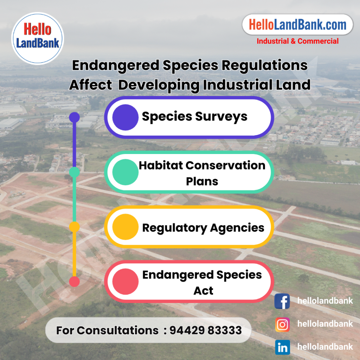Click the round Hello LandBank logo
[37, 38]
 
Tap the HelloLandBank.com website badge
[297, 25]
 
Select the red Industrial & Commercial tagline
[297, 41]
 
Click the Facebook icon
[282, 301]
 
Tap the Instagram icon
[282, 324]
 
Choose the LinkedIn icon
[282, 347]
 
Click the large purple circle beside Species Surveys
[126, 117]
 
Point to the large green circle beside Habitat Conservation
[126, 172]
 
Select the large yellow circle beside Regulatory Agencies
[126, 227]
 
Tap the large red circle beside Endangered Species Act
[126, 282]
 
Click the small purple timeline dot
[75, 117]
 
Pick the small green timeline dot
[75, 172]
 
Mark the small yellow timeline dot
[75, 227]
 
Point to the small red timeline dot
[75, 282]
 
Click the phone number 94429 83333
[205, 330]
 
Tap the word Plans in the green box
[202, 181]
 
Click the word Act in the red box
[204, 291]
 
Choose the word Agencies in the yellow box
[237, 228]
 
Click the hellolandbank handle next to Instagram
[325, 324]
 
